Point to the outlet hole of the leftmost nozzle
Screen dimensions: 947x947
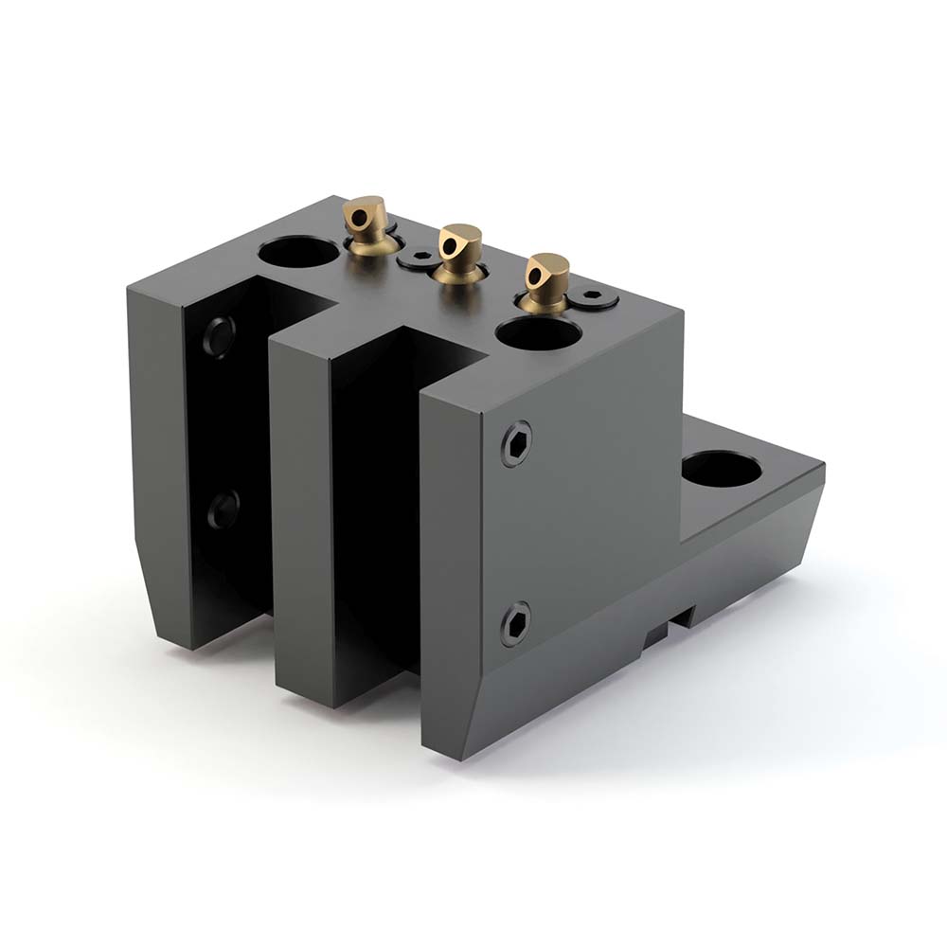356,219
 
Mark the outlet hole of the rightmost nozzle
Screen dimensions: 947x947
539,275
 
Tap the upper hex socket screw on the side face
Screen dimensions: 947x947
516,442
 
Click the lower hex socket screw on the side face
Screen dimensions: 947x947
515,622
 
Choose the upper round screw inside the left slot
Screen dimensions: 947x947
219,334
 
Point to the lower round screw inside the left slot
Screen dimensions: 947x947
223,511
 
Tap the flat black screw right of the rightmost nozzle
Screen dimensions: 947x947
595,297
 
